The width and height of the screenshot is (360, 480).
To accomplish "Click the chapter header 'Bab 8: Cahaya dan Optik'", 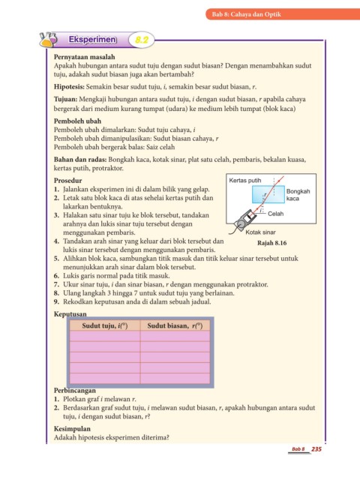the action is (247, 14).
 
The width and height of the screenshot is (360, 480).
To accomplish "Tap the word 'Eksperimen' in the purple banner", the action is (92, 40).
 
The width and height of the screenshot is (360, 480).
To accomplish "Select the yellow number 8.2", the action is (142, 40).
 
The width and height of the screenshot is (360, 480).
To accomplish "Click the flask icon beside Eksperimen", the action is (48, 40).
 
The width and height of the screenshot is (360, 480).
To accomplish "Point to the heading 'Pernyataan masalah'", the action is (85, 57).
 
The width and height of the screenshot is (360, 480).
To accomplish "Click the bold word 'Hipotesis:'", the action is (69, 87).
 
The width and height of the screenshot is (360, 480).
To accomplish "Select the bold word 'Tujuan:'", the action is (65, 99).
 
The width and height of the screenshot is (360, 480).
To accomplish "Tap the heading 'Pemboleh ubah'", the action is (77, 121).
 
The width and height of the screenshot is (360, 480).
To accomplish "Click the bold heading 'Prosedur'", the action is (68, 180).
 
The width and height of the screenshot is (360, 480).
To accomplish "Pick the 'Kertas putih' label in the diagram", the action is (245, 180).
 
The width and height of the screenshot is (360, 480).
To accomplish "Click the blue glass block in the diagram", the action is (268, 194).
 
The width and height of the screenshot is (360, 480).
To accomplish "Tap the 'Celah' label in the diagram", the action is (275, 214).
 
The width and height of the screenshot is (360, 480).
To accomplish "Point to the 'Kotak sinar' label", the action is (260, 232).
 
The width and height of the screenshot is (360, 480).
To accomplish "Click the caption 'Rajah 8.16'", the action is (271, 243).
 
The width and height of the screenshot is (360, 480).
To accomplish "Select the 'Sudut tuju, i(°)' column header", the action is (105, 325).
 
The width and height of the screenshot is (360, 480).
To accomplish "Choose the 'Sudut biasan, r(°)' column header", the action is (175, 325).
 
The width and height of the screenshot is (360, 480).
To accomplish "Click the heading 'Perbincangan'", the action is (75, 391).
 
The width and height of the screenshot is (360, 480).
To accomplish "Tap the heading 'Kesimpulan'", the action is (72, 428).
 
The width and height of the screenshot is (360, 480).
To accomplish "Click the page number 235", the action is (316, 448).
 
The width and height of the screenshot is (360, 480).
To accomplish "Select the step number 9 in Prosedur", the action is (56, 301).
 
